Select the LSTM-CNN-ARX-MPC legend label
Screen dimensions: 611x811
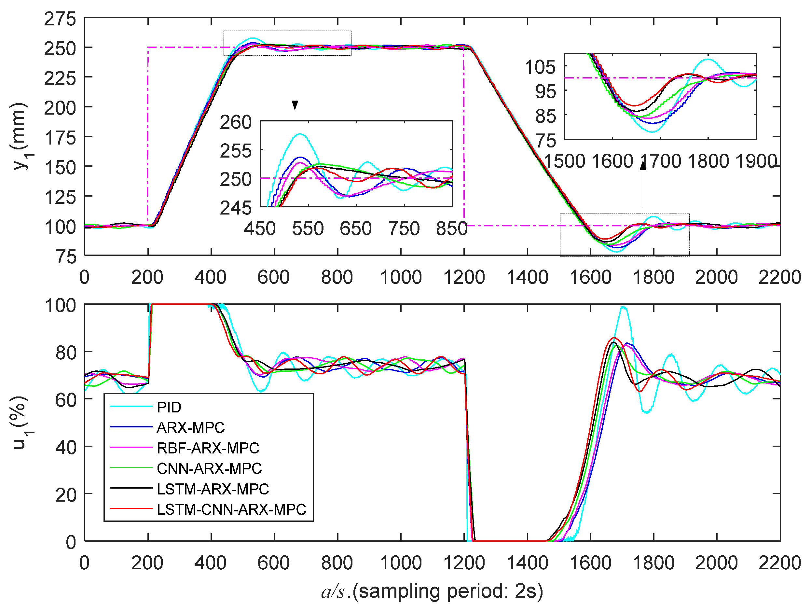tap(231, 509)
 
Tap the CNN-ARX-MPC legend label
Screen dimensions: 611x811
tap(209, 468)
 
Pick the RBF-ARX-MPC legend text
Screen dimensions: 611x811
tap(208, 448)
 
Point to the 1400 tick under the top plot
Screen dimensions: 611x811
tap(527, 277)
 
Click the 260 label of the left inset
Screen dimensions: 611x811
tap(235, 122)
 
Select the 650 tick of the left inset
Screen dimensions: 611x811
tap(355, 229)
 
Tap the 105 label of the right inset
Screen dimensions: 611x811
tap(540, 67)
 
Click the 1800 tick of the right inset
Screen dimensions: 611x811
tap(708, 161)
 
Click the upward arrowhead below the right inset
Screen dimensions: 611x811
tap(643, 166)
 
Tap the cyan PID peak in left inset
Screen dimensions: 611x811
tap(300, 134)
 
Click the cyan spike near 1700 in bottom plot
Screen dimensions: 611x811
tap(623, 307)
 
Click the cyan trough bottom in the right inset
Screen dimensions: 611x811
tap(652, 132)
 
